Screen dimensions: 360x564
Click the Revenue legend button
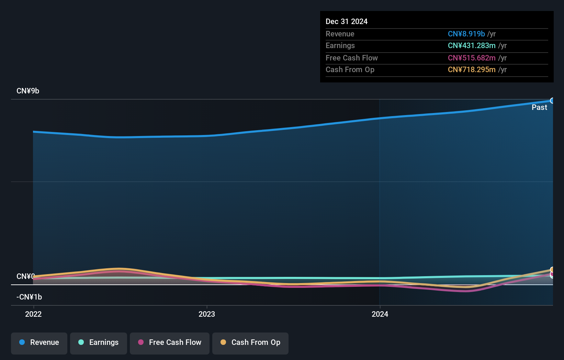(x=39, y=343)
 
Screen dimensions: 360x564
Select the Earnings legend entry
(x=99, y=343)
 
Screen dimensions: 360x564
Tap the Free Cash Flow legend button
(x=170, y=343)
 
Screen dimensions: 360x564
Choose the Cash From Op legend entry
(x=250, y=343)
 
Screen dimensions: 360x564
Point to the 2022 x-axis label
(x=33, y=314)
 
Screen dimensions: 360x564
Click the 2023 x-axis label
(x=207, y=314)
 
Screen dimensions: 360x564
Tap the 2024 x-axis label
(x=380, y=314)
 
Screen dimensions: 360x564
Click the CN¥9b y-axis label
(x=28, y=91)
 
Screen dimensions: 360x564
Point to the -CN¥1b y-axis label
(x=29, y=297)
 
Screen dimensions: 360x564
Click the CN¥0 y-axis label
(x=25, y=276)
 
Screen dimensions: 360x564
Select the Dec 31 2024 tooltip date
(x=347, y=22)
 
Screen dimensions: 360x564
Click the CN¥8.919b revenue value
(x=466, y=34)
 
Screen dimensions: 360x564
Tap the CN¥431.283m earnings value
(x=471, y=46)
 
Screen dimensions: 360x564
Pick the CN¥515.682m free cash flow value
(x=471, y=58)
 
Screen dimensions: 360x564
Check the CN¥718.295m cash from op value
(x=471, y=70)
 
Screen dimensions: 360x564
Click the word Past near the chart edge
(x=539, y=108)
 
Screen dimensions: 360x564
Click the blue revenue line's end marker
(x=552, y=101)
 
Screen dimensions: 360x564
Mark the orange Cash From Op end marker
(x=552, y=270)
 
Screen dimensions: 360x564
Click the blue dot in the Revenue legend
(x=22, y=342)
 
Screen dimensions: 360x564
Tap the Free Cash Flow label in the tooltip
(x=351, y=58)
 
